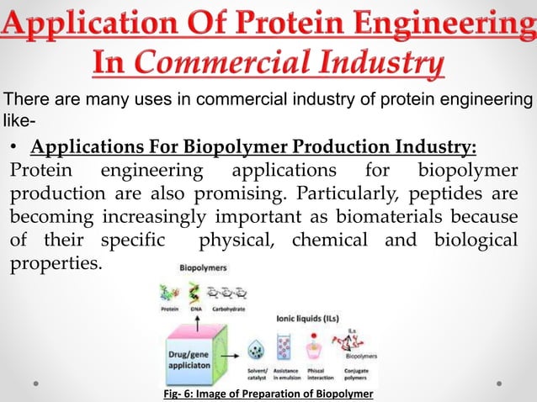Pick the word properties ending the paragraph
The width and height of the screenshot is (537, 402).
click(x=55, y=265)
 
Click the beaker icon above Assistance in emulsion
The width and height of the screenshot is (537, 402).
click(x=284, y=346)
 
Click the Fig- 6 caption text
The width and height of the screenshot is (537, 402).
click(x=268, y=394)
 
